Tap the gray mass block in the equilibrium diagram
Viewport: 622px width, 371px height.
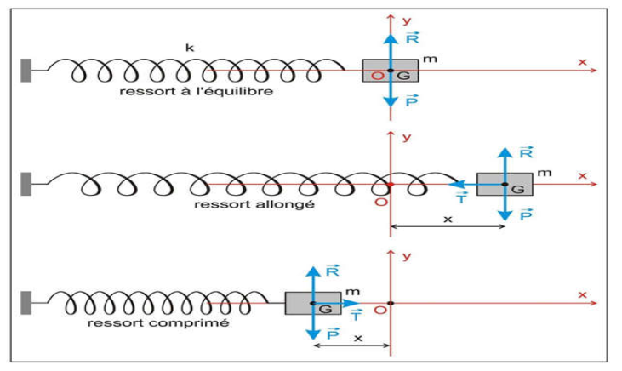pos(391,71)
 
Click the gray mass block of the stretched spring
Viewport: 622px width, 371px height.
pos(505,184)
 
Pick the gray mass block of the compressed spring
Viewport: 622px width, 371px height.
pos(312,303)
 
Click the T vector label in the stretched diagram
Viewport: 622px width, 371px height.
pos(460,197)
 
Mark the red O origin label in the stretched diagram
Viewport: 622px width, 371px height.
pos(381,202)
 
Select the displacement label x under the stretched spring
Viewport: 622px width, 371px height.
pos(448,220)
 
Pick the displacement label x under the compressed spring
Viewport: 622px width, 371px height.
pos(358,338)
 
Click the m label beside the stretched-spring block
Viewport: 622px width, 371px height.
pos(545,172)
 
